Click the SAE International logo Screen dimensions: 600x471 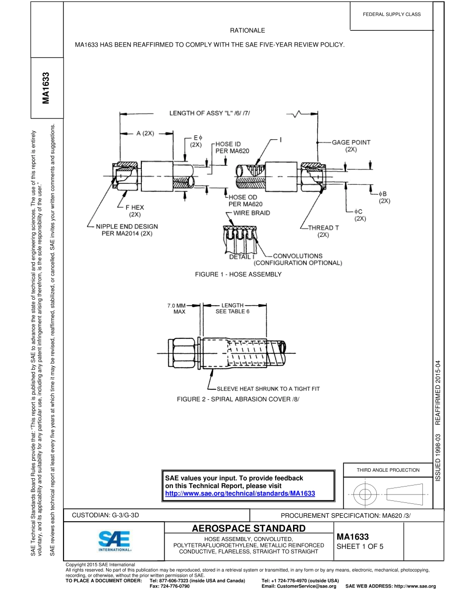114,542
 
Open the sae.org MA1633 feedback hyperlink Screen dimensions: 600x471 240,493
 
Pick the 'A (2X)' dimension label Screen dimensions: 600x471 146,133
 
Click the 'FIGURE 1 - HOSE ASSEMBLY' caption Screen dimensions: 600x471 238,274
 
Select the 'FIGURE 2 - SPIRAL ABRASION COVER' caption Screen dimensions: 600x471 238,399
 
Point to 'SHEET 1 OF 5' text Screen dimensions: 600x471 360,547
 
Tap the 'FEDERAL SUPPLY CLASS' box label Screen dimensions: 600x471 392,14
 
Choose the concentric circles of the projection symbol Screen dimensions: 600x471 365,493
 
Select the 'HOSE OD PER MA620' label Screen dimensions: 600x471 245,201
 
